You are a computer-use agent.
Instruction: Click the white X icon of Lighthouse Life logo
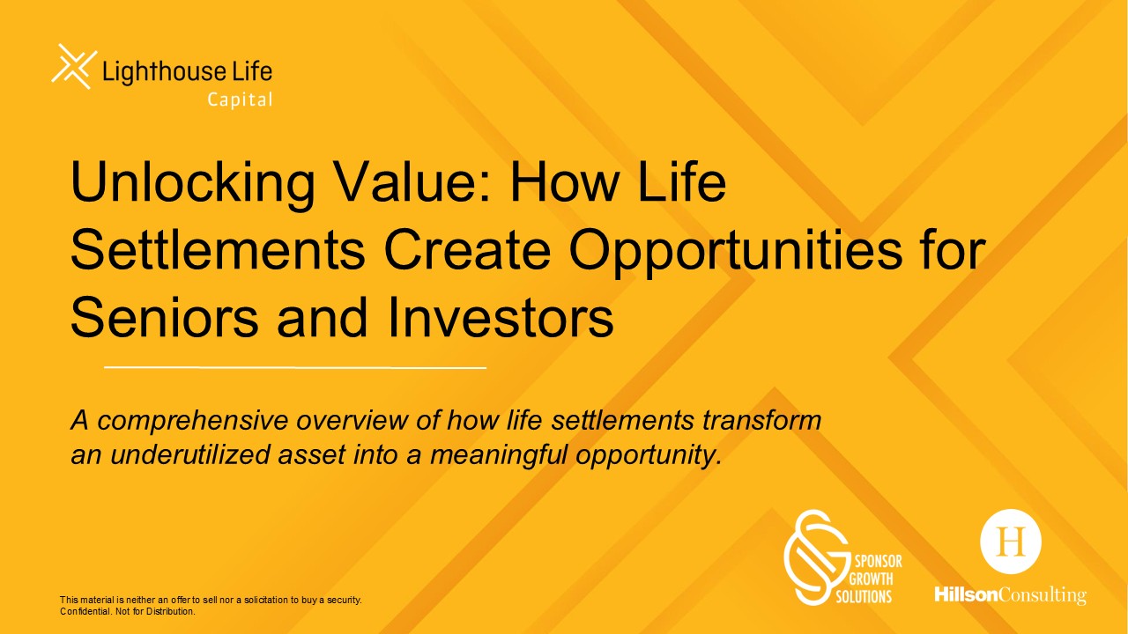[74, 66]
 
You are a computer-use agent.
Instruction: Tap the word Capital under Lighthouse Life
[241, 100]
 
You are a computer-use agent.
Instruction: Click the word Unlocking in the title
[193, 183]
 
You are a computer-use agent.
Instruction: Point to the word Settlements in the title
[218, 249]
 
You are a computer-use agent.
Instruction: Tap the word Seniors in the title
[164, 318]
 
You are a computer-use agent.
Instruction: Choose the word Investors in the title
[501, 318]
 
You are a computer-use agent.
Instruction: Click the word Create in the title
[467, 249]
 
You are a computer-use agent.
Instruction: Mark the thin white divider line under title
[295, 368]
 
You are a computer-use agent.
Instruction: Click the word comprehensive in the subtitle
[193, 422]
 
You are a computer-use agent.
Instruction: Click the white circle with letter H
[1011, 542]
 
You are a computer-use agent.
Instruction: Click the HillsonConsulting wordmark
[1010, 595]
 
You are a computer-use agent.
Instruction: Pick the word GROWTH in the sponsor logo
[871, 579]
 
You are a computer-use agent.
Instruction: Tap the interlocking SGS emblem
[817, 557]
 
